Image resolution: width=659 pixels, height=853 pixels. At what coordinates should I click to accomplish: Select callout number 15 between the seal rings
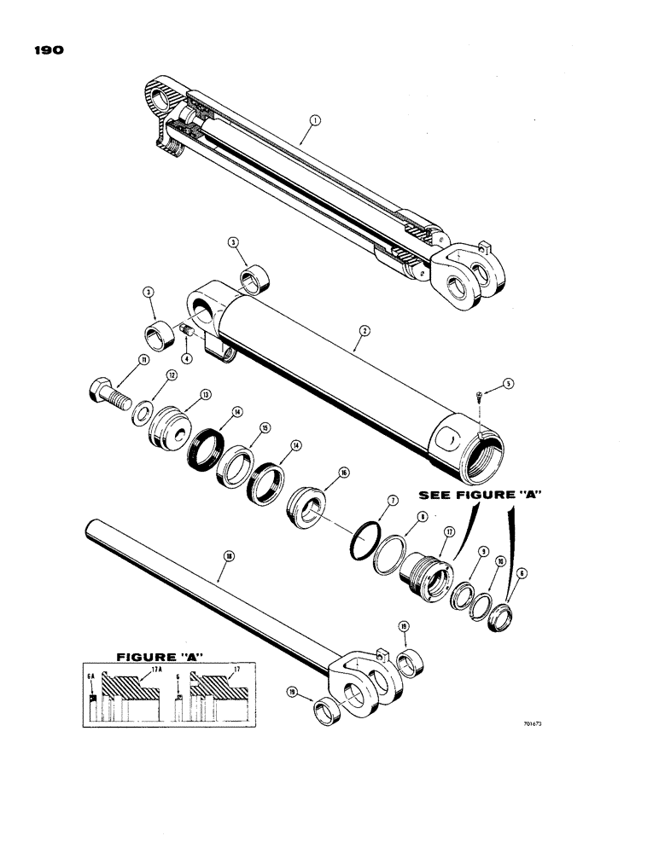(265, 428)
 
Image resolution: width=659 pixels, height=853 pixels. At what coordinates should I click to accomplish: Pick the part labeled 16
(305, 507)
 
